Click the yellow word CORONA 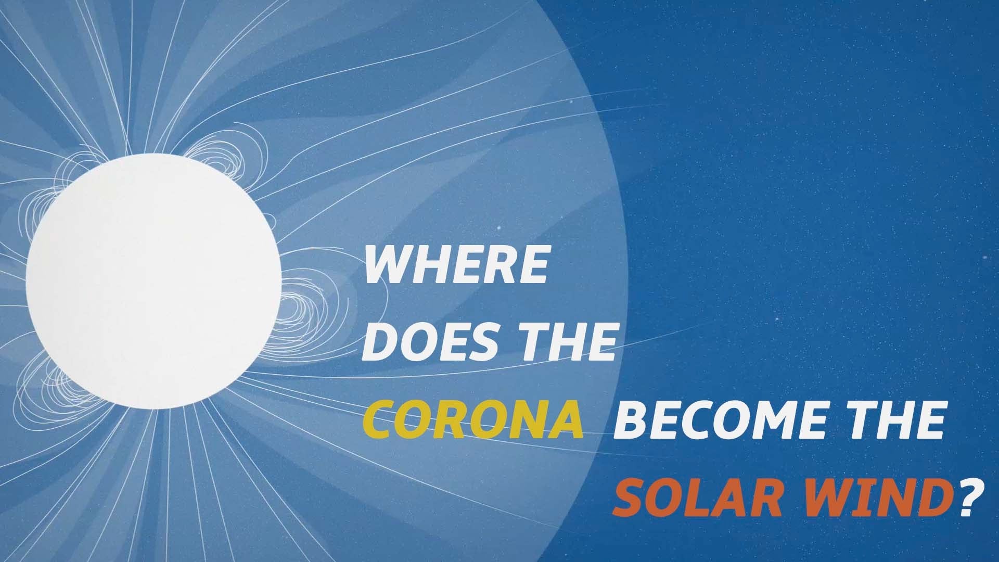[472, 418]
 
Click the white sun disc [153, 282]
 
